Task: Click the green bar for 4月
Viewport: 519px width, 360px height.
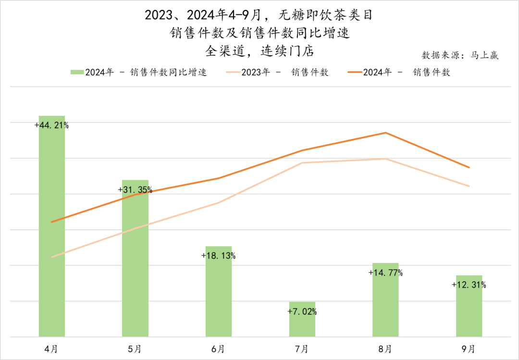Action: tap(51, 231)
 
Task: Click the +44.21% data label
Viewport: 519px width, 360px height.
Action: tap(51, 125)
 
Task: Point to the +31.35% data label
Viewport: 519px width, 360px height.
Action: tap(135, 190)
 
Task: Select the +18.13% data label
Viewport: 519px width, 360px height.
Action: tap(219, 256)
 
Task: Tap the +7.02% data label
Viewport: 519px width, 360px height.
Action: tap(302, 311)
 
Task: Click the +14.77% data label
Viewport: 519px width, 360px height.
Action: tap(385, 273)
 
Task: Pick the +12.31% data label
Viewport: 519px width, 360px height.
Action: tap(469, 285)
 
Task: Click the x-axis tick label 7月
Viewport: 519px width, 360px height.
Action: tap(302, 348)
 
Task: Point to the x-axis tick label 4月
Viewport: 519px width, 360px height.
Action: tap(51, 348)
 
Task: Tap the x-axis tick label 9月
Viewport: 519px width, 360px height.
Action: tap(469, 348)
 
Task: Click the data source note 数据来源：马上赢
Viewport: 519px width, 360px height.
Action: tap(460, 55)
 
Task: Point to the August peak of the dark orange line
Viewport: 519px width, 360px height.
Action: tap(385, 133)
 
